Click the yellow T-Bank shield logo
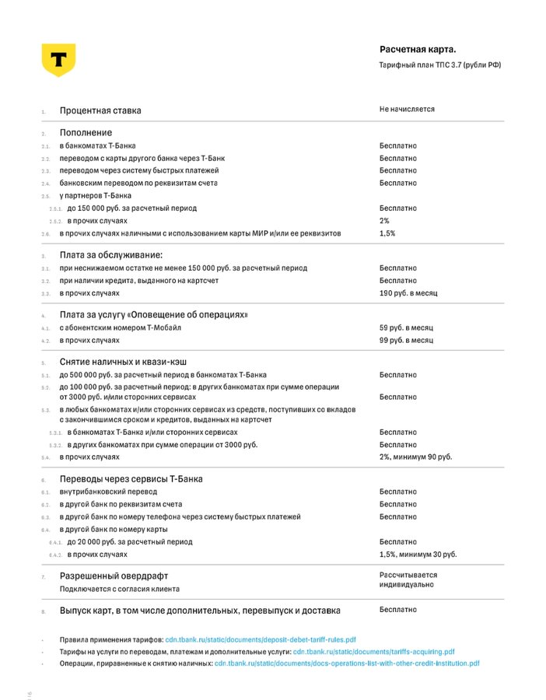[58, 60]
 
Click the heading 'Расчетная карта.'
[418, 50]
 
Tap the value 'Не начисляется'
[407, 110]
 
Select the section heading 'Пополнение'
[86, 133]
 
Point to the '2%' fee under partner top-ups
[384, 221]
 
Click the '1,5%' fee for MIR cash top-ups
[387, 233]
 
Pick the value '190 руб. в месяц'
[408, 293]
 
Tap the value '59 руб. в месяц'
[406, 328]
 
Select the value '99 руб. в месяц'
[406, 341]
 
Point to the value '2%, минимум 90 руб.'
[415, 457]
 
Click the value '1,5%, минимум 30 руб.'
[418, 555]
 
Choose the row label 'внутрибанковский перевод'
[108, 492]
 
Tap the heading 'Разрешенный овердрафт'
[114, 576]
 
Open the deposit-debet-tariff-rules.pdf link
[261, 639]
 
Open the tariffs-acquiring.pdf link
[373, 651]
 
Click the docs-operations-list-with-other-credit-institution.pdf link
[347, 663]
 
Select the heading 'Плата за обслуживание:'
[111, 255]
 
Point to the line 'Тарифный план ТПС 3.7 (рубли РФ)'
[440, 65]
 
